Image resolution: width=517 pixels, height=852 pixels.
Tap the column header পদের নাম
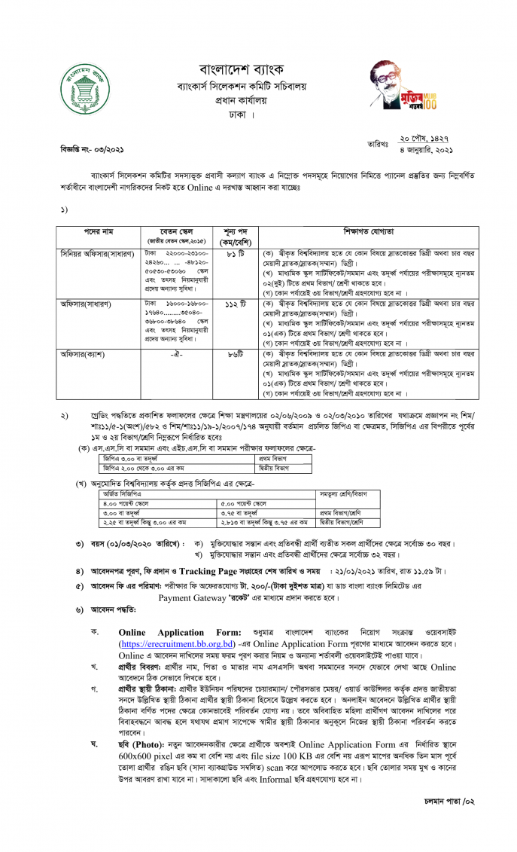click(98, 231)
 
